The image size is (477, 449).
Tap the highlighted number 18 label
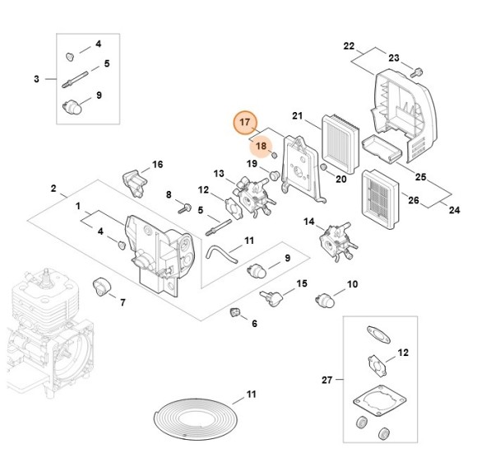click(x=262, y=147)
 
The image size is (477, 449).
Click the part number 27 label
click(x=327, y=380)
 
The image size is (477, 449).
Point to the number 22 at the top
click(x=349, y=45)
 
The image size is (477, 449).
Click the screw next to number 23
click(x=416, y=72)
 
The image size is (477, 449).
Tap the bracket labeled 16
click(x=132, y=180)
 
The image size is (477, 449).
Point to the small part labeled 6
click(x=234, y=311)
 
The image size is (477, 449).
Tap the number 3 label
click(x=36, y=79)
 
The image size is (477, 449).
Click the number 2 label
click(x=53, y=189)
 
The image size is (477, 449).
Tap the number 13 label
click(x=219, y=174)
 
